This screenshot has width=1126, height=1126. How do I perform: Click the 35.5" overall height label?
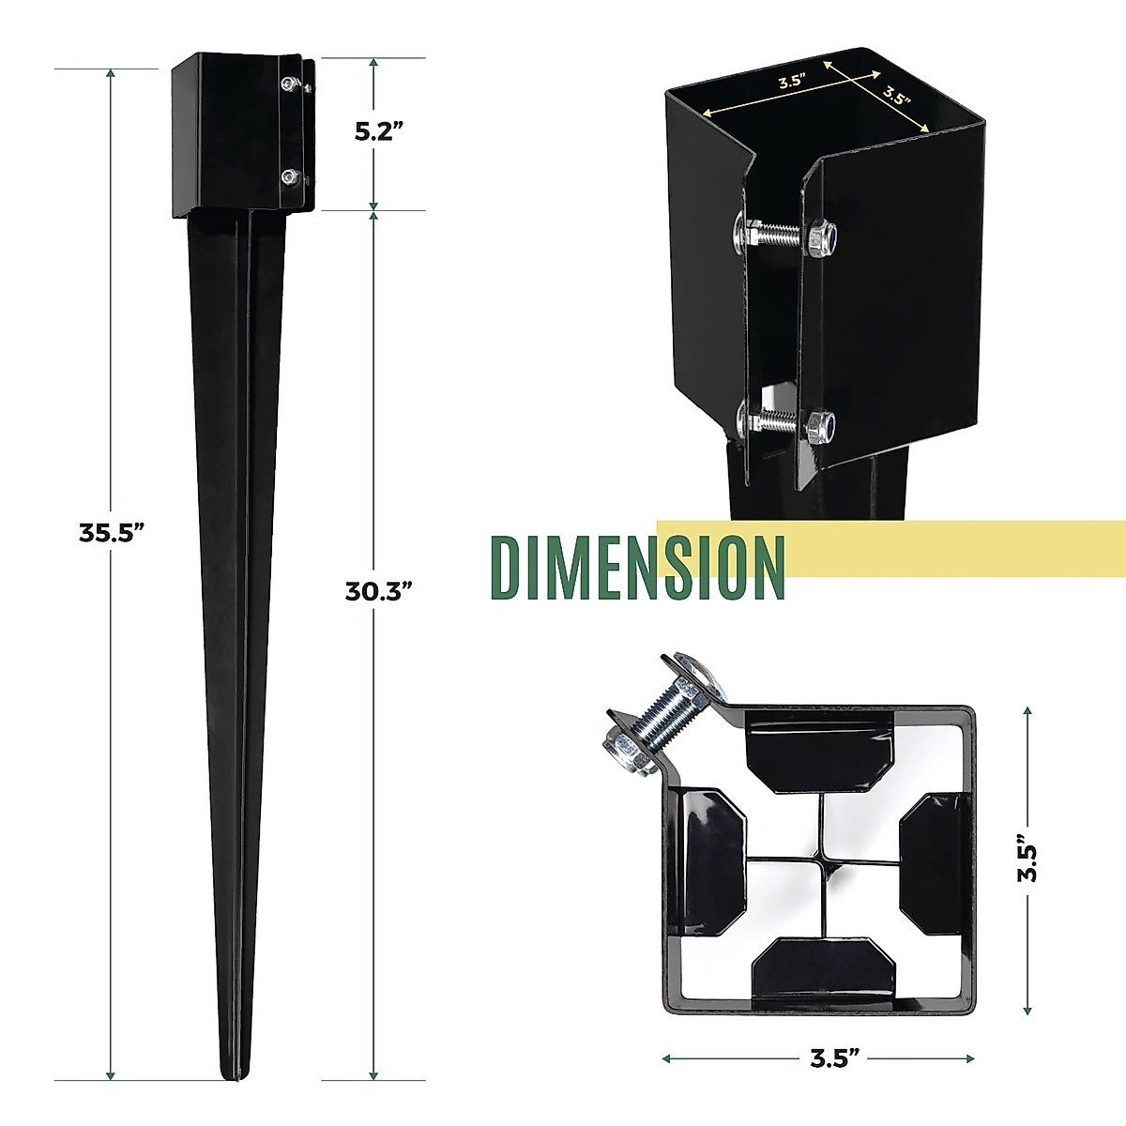click(x=112, y=533)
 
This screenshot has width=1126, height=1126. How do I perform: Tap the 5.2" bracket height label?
click(x=378, y=130)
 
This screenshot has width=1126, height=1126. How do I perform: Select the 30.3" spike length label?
click(x=379, y=591)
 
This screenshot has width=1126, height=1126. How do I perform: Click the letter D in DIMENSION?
click(x=509, y=569)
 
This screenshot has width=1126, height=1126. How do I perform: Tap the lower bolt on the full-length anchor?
click(x=290, y=175)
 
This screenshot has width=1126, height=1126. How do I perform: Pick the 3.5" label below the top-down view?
click(x=835, y=1058)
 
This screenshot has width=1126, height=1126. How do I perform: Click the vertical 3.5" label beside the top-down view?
click(x=1029, y=860)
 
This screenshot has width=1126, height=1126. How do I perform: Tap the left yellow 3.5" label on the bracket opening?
click(x=791, y=81)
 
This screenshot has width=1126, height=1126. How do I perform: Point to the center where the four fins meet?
click(x=820, y=856)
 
